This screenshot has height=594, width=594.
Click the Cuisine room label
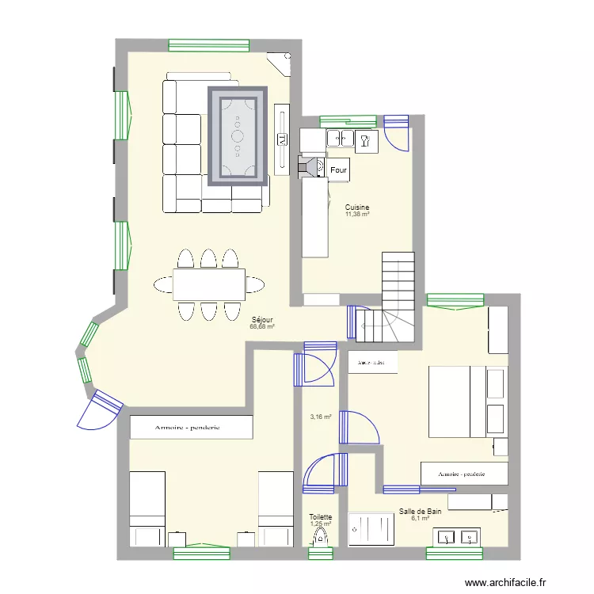[x=357, y=208]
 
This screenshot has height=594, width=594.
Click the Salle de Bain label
[x=420, y=512]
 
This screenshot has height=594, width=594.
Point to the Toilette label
[x=321, y=516]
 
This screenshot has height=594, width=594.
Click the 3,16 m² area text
[x=321, y=416]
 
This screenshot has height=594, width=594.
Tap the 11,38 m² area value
[x=357, y=215]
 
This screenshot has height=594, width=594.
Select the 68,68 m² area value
[x=262, y=326]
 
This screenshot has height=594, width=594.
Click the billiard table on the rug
[x=238, y=135]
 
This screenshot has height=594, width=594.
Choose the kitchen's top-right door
[x=397, y=131]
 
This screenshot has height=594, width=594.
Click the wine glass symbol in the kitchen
[x=365, y=141]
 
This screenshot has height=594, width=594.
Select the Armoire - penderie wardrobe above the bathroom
[x=463, y=473]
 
